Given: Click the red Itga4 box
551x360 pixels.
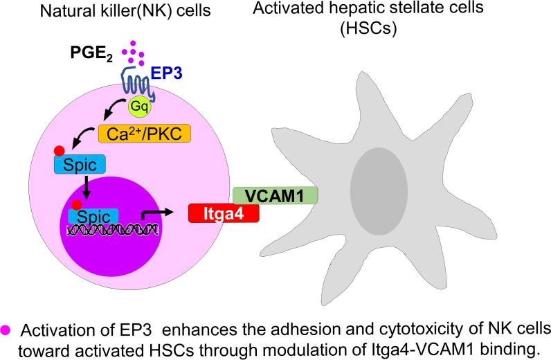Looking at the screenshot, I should click(x=223, y=213).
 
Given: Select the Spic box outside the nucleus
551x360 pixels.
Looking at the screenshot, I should click(x=79, y=165).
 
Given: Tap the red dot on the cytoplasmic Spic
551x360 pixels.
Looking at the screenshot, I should click(x=60, y=152).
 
